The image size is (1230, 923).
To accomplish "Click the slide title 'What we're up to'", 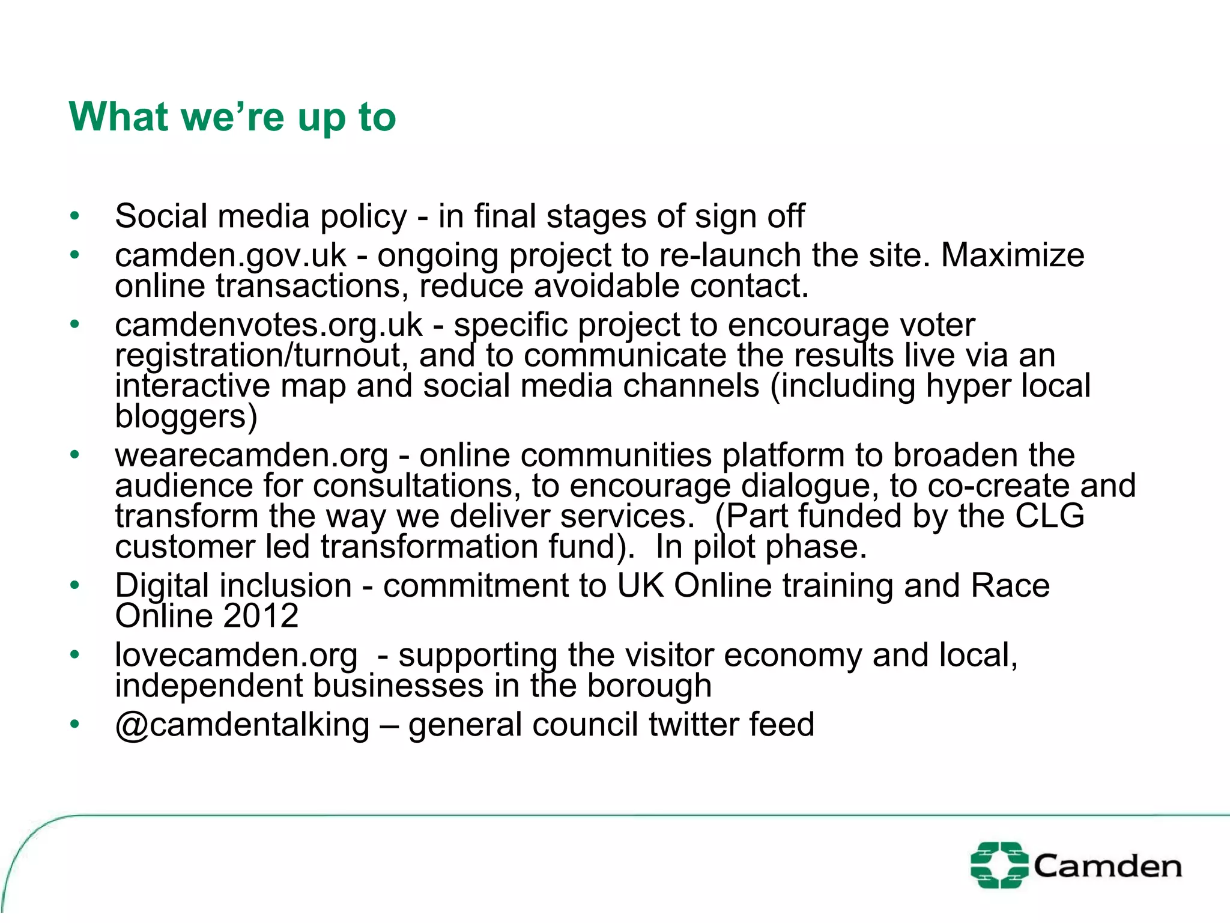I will coord(232,117).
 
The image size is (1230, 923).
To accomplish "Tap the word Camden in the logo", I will coord(1107,867).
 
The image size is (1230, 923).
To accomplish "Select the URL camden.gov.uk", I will coord(231,256).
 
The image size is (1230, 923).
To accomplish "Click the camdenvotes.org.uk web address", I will coord(268,326).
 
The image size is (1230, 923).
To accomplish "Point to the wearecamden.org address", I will coord(252,455).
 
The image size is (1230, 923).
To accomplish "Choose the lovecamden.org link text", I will coord(236,655).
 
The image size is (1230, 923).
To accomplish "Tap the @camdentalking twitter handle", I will coord(241,725).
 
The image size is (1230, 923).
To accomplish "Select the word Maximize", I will coord(1013,255).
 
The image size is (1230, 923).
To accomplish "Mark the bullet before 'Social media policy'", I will coord(74,216).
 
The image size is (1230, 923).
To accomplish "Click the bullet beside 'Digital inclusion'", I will coord(74,585).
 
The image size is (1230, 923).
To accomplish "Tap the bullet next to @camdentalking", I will coord(74,725).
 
